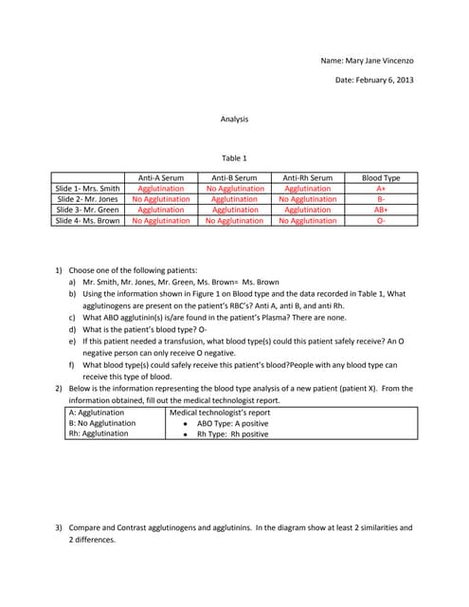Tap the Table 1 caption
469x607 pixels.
[234, 157]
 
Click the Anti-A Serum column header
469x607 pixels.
[161, 178]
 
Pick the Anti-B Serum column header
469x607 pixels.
[234, 178]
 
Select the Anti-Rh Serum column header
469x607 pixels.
[308, 178]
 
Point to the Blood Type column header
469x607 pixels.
[381, 178]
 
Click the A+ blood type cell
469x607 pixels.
[381, 189]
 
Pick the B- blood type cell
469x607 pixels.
[381, 199]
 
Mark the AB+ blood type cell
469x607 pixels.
[381, 210]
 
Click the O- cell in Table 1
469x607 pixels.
[381, 220]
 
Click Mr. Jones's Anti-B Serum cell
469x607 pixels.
[234, 199]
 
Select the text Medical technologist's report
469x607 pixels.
[219, 414]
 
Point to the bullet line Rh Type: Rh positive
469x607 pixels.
[232, 434]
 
